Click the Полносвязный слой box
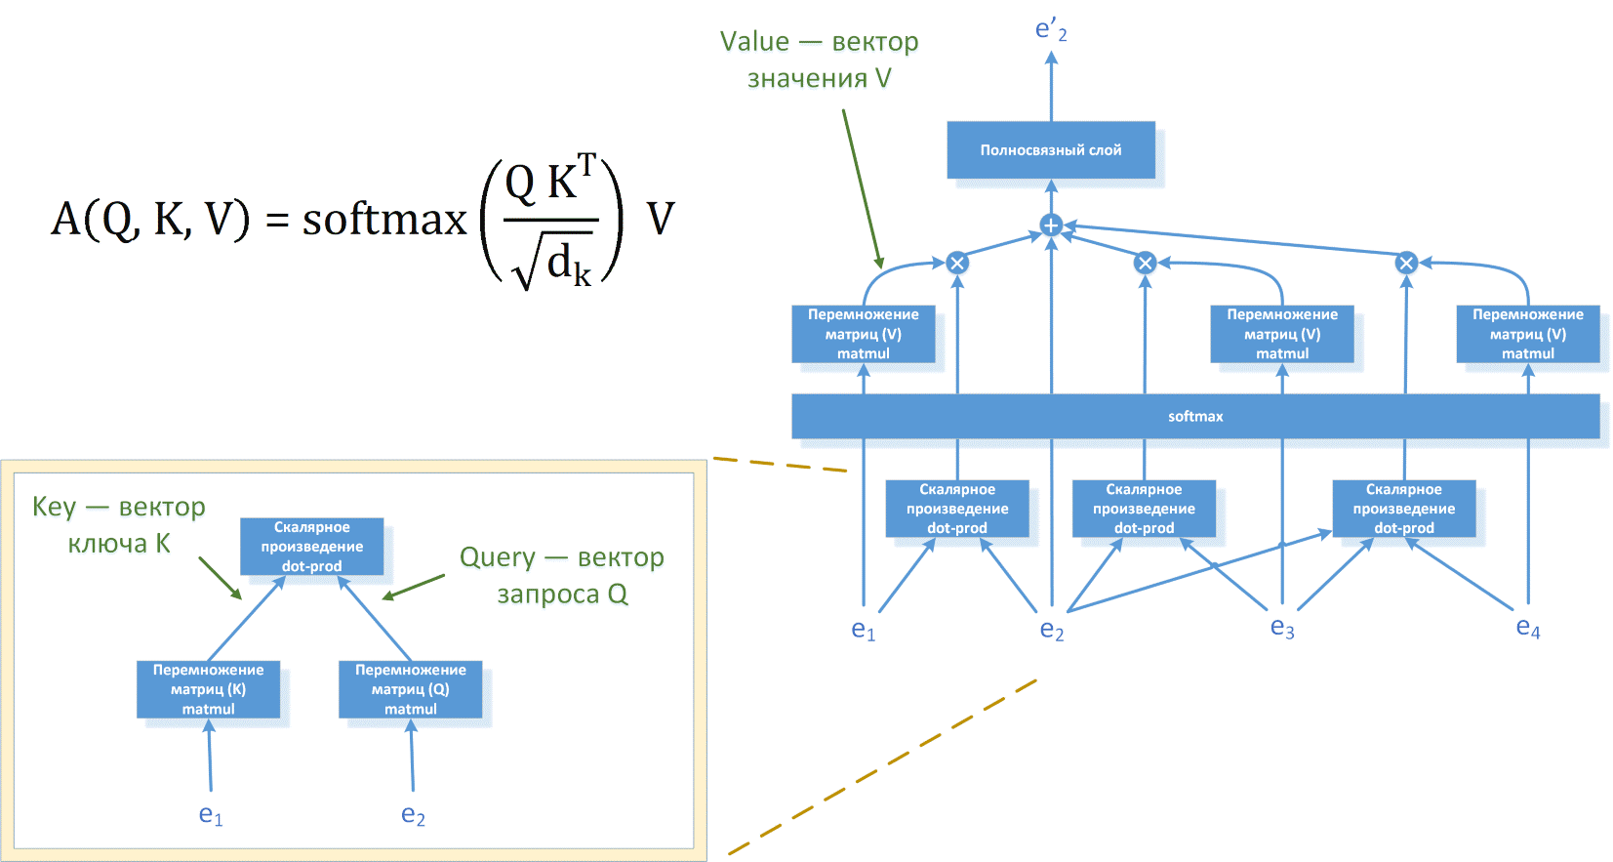coord(1050,150)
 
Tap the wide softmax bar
coord(1194,417)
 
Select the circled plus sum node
coord(1051,226)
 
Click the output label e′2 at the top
coord(1051,30)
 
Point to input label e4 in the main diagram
coord(1527,628)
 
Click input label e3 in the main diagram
coord(1281,628)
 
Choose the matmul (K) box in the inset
coord(208,689)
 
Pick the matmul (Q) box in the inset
coord(410,689)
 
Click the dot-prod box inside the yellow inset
coord(311,547)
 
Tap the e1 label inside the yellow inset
coord(210,815)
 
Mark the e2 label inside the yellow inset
coord(413,815)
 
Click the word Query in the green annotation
coord(498,557)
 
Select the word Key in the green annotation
coord(55,507)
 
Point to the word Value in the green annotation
coord(754,42)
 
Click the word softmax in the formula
coord(384,219)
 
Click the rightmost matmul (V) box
coord(1527,334)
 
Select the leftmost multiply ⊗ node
coord(957,263)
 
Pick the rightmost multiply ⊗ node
coord(1405,263)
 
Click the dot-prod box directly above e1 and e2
coord(956,509)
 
